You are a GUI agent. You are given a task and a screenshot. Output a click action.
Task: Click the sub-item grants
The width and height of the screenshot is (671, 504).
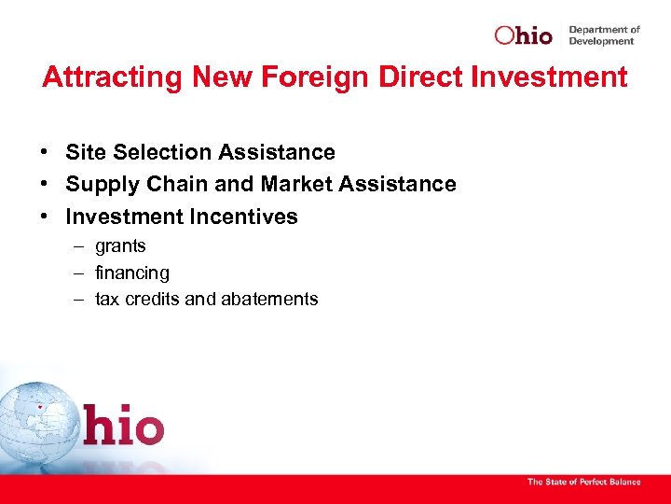click(120, 247)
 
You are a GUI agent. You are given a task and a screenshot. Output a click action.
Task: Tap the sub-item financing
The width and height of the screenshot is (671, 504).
click(132, 273)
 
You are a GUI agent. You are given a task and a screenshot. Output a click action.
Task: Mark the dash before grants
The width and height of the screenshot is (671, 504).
click(77, 246)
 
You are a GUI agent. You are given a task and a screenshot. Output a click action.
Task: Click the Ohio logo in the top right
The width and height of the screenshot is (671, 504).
click(524, 35)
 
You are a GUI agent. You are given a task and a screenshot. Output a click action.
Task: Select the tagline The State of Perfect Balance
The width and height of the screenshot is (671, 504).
click(584, 482)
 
